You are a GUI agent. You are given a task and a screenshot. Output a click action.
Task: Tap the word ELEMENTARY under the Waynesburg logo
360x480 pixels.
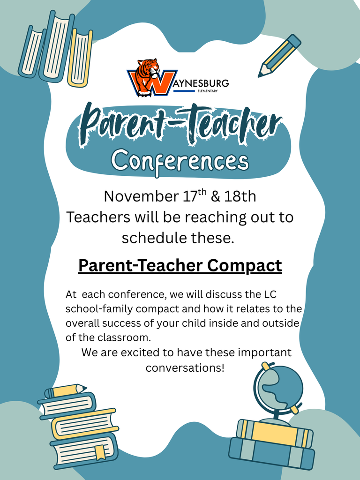click(208, 91)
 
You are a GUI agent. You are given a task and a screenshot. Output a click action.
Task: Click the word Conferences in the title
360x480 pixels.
click(180, 161)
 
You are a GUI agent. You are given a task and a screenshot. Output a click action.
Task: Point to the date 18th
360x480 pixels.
click(240, 196)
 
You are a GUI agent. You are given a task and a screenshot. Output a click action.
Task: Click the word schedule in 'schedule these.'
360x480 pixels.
click(150, 238)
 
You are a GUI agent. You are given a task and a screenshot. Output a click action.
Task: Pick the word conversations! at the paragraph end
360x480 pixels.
click(185, 367)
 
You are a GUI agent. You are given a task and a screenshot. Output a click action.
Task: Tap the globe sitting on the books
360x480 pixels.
click(279, 388)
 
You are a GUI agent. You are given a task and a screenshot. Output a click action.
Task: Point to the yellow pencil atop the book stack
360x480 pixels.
click(66, 390)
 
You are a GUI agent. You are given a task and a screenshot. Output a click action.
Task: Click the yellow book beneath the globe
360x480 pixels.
click(274, 432)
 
